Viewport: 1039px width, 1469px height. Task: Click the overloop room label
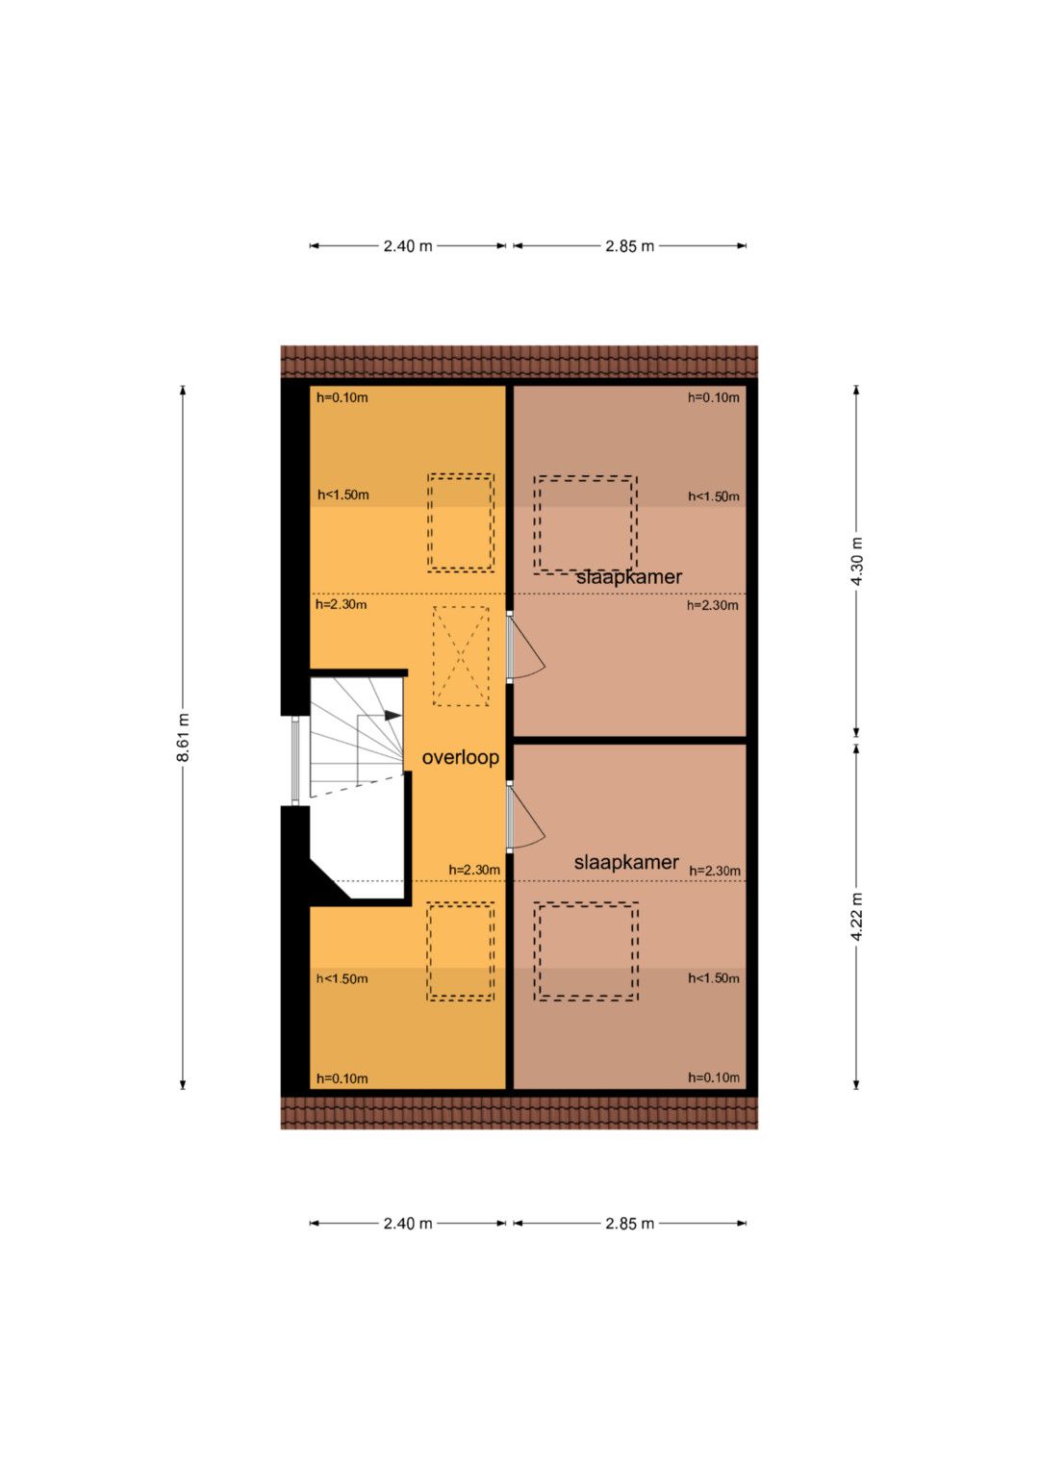pos(460,757)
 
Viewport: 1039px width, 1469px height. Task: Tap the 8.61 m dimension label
pos(183,737)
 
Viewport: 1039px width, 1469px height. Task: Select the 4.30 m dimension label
pos(856,562)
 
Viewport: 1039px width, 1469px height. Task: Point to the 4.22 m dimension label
pos(856,916)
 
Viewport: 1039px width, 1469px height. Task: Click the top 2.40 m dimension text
pos(408,246)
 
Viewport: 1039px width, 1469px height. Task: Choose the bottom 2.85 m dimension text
pos(630,1223)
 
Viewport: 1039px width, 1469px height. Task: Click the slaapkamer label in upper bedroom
pos(629,577)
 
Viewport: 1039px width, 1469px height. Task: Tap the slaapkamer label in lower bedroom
pos(626,862)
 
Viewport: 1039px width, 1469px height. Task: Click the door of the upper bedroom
pos(524,647)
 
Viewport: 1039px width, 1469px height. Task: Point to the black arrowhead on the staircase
pos(393,715)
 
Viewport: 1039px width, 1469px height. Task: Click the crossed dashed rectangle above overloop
pos(461,656)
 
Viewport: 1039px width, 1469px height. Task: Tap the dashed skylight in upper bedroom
pos(585,524)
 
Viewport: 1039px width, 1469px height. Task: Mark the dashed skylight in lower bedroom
pos(586,951)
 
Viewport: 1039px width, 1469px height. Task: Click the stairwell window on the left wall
pos(295,760)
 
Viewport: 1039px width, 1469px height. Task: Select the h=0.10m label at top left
pos(342,396)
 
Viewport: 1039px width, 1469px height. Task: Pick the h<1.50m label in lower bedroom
pos(714,977)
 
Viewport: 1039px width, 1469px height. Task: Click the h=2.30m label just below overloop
pos(474,870)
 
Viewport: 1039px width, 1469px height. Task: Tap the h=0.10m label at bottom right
pos(714,1077)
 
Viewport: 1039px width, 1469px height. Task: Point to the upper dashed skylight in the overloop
pos(461,522)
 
